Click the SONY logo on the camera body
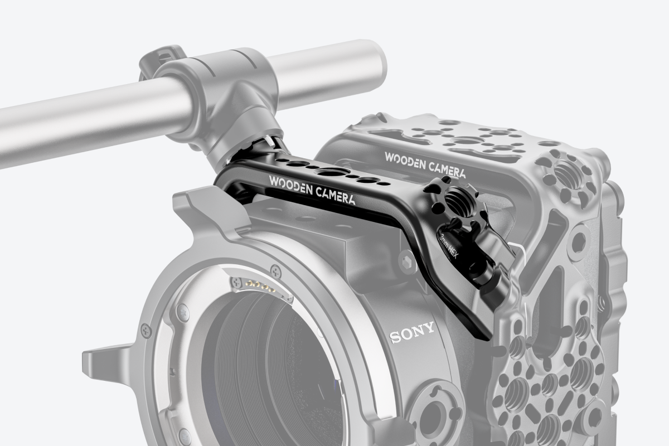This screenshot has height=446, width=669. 412,332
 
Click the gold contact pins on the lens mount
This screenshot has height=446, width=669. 259,286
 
